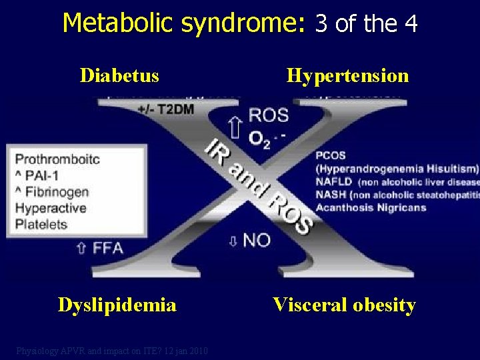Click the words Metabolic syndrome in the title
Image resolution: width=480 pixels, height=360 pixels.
click(183, 23)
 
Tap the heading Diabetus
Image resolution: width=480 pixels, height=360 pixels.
click(119, 75)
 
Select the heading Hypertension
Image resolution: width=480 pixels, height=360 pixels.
click(347, 75)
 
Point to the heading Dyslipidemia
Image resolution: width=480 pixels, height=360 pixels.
click(117, 305)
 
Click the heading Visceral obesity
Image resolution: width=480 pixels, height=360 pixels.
click(344, 305)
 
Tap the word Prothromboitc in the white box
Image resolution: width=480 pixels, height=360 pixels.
click(57, 159)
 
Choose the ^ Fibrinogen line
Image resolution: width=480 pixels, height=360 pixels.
click(52, 192)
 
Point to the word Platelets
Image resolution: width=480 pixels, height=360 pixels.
click(41, 224)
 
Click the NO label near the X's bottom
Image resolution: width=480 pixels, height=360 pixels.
click(256, 240)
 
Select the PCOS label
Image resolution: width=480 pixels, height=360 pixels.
click(331, 156)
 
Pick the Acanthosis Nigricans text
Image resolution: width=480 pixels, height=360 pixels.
click(370, 207)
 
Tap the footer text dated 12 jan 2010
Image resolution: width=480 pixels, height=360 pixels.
click(112, 351)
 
